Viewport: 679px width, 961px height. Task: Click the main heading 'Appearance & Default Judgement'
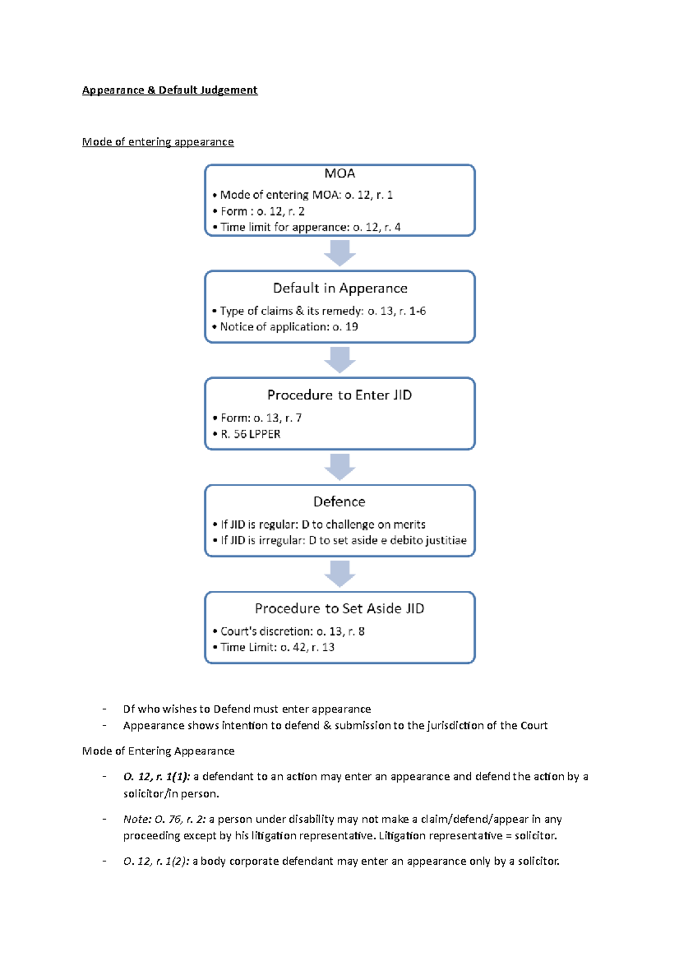(170, 90)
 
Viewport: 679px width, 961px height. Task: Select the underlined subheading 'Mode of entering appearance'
(158, 141)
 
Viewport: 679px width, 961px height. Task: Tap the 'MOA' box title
(339, 173)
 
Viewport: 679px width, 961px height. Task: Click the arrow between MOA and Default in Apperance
(339, 252)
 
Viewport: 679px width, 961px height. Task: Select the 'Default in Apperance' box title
(339, 288)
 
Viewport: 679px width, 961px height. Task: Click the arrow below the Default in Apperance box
(339, 359)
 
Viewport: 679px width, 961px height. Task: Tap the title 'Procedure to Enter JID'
(339, 394)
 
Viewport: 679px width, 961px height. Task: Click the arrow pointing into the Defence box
(339, 466)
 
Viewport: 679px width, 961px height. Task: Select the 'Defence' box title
(339, 501)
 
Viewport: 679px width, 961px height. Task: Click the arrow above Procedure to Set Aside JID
(339, 573)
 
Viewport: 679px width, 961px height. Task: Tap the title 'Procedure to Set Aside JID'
(339, 608)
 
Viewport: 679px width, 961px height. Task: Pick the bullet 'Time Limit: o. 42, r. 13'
(277, 647)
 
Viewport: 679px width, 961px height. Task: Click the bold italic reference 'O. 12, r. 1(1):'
(157, 776)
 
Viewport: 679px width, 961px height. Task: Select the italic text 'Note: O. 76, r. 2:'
(164, 819)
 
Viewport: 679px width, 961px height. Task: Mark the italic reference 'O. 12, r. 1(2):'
(156, 861)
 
